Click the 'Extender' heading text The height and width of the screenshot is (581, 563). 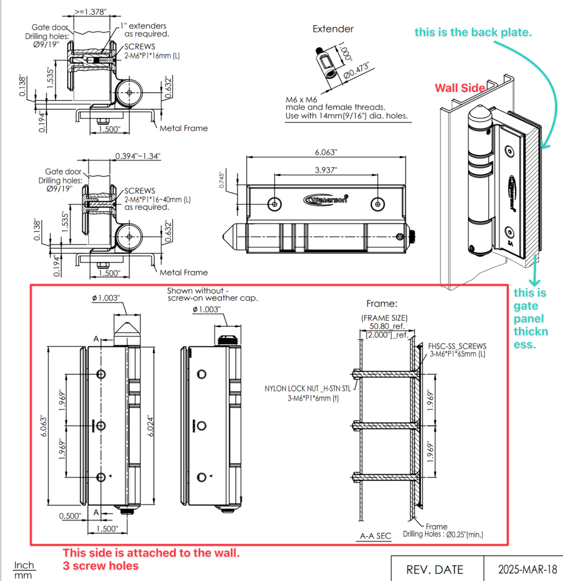333,29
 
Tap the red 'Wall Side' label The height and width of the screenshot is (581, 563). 460,88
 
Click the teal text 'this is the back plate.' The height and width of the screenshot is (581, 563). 473,33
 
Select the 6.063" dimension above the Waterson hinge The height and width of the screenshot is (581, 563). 326,152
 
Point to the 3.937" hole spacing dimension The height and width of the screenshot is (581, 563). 326,170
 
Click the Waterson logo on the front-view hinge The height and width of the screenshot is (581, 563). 326,199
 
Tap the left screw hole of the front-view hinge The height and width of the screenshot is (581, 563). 274,204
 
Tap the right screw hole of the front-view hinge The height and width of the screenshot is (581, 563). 377,204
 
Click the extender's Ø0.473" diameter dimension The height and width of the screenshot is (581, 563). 356,71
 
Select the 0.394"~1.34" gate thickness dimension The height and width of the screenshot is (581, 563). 138,156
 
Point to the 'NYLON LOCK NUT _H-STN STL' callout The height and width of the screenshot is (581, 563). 307,389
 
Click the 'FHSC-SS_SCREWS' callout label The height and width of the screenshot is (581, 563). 457,346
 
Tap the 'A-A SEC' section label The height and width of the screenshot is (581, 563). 375,536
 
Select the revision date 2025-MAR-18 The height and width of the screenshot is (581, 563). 527,569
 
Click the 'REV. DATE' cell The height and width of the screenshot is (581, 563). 435,569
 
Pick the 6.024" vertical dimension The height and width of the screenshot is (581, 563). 151,426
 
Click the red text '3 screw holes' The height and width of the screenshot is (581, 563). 101,566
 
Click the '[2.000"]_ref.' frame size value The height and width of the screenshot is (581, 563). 387,335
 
